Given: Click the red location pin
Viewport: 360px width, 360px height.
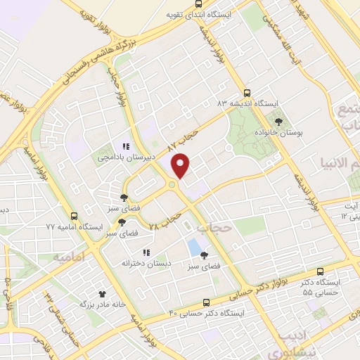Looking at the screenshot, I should point(182,165).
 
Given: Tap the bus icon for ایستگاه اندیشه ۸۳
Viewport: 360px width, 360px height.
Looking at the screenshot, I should point(246,92).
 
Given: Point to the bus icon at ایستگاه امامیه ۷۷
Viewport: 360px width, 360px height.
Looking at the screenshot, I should point(74,215).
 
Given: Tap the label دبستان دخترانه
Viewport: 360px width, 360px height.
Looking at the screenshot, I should point(146,264).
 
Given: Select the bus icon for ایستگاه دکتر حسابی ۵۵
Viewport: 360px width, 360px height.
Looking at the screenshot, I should point(321,271).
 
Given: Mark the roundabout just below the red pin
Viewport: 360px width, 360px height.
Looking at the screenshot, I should point(172,185).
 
